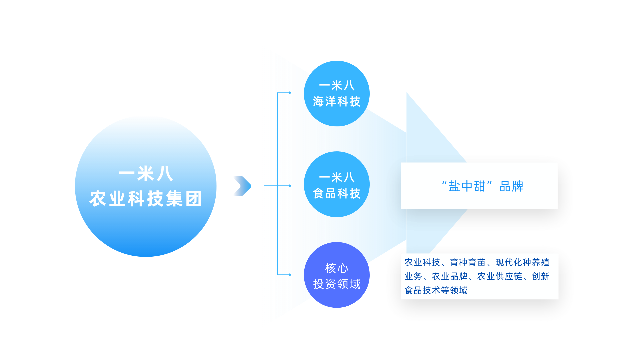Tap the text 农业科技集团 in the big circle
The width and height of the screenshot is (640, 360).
click(x=146, y=199)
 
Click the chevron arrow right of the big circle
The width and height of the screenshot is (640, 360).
click(x=242, y=186)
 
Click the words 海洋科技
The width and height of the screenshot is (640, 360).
click(x=337, y=102)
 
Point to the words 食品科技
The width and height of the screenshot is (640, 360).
click(x=337, y=194)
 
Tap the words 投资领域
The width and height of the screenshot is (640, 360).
click(x=337, y=284)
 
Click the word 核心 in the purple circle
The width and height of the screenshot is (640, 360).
click(x=337, y=268)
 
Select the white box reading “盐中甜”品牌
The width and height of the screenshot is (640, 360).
click(x=479, y=200)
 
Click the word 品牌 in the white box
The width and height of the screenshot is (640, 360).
click(x=511, y=186)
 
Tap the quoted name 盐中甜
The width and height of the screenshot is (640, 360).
click(x=467, y=186)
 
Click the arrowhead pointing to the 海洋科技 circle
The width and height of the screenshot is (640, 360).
click(x=290, y=93)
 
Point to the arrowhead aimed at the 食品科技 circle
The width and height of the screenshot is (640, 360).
click(x=290, y=186)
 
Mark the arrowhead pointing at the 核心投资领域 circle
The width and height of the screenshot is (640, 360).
click(x=290, y=275)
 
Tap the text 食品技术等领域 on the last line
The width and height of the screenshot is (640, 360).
click(x=436, y=291)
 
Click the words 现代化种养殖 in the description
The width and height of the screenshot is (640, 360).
click(x=522, y=263)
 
